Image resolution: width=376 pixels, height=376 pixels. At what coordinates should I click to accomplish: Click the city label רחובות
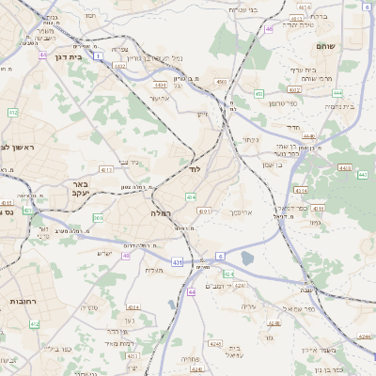tap(22, 302)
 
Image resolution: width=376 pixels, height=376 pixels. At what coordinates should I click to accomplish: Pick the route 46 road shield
tap(269, 29)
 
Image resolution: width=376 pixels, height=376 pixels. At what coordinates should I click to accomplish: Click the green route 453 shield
tap(258, 94)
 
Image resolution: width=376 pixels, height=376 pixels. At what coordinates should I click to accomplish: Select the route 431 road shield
tap(177, 262)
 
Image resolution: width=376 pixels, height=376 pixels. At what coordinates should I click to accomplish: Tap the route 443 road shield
tap(362, 175)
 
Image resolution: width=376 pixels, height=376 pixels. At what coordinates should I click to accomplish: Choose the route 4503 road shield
tap(221, 83)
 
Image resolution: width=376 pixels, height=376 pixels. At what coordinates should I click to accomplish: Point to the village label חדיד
tap(291, 125)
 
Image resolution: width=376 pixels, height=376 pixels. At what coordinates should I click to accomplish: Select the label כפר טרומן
tap(282, 102)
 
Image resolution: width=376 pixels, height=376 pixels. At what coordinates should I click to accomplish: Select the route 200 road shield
tap(99, 218)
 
